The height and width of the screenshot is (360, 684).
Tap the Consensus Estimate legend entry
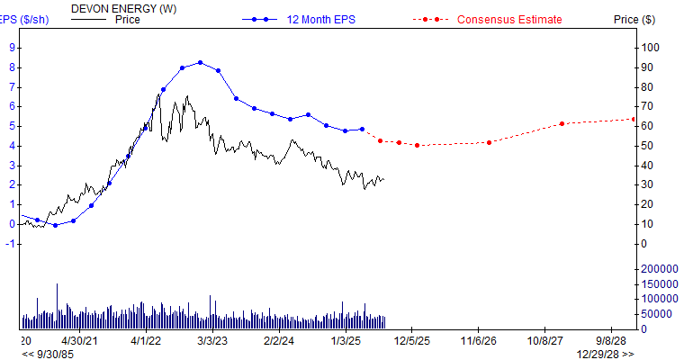509,19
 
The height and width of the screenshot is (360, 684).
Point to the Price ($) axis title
634,19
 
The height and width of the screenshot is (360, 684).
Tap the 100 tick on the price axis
650,48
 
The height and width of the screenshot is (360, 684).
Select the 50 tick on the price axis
647,146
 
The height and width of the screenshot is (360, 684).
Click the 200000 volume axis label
658,269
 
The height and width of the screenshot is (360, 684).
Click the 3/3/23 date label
212,342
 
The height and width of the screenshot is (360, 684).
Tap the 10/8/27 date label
545,342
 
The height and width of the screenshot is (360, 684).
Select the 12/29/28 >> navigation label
605,354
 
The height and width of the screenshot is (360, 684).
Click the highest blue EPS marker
200,63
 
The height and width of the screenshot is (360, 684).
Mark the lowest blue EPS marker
55,225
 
